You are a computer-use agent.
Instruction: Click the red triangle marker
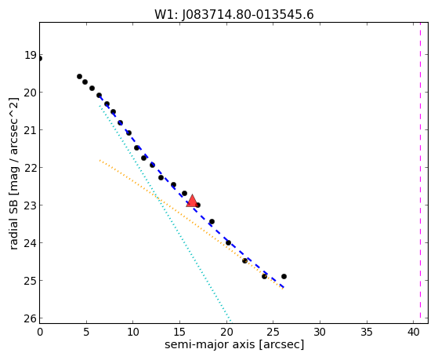click(192, 201)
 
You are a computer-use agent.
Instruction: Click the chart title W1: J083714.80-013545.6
click(234, 15)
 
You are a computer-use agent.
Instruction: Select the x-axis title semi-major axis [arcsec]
click(234, 344)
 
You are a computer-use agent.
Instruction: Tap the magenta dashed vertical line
click(421, 173)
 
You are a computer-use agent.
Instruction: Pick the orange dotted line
click(191, 224)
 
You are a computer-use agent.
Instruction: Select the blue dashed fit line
click(191, 191)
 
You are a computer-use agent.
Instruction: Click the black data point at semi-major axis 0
click(40, 59)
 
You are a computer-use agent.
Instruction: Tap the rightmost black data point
click(284, 276)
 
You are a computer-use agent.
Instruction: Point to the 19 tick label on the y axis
click(31, 55)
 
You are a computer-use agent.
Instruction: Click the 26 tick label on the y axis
click(31, 318)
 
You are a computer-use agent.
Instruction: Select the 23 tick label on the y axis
click(31, 205)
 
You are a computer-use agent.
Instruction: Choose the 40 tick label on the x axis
click(414, 332)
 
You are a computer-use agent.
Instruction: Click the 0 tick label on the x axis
click(40, 332)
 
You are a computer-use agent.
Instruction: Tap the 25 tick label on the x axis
click(273, 332)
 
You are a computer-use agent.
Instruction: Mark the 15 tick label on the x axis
click(179, 332)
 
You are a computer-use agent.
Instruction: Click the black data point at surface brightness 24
click(228, 242)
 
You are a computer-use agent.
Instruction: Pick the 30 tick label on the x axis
click(320, 332)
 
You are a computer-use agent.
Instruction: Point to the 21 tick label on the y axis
click(31, 130)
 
